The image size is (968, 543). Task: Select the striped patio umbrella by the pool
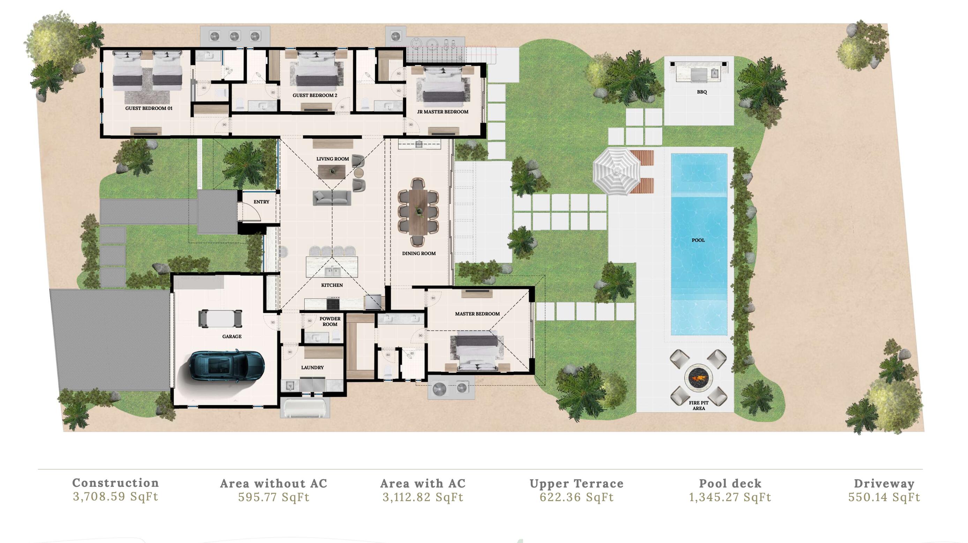tap(617, 171)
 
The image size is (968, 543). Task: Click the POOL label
tap(698, 240)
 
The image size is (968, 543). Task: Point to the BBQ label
tap(702, 92)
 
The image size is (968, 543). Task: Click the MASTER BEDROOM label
tap(477, 314)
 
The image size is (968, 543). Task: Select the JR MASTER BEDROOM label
tap(443, 112)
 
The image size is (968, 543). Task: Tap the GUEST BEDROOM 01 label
tap(149, 108)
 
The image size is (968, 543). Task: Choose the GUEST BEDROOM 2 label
tap(315, 96)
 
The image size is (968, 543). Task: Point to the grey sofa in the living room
tap(332, 198)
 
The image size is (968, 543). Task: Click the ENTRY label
tap(261, 202)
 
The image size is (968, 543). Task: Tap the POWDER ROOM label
tap(330, 321)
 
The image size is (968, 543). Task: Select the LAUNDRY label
tap(312, 367)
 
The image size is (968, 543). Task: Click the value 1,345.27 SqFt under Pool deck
tap(730, 498)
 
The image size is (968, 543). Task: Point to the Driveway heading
tap(884, 484)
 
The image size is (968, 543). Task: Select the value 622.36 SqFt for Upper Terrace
tap(577, 498)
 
